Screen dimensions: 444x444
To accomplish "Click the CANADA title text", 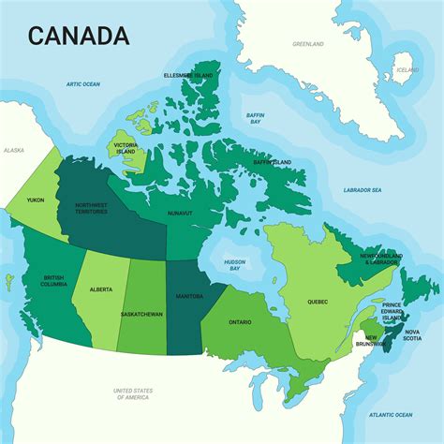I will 79,36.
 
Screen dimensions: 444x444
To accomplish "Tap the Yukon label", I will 36,200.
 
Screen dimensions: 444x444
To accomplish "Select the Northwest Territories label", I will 91,208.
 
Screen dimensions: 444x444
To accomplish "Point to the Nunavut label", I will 180,214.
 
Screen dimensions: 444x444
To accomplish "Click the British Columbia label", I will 53,280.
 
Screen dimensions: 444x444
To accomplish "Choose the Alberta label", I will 101,289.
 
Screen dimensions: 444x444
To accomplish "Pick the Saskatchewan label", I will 141,314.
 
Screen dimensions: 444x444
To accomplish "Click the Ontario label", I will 239,322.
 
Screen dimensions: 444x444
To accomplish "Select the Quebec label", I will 318,302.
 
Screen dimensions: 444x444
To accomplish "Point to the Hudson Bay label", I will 234,265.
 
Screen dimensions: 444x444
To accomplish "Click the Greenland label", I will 307,44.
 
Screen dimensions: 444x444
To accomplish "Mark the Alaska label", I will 14,150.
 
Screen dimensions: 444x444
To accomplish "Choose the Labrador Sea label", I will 363,190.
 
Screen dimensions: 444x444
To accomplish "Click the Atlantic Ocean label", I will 391,414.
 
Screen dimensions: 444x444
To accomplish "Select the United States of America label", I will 133,393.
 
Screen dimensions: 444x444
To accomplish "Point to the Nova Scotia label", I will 412,334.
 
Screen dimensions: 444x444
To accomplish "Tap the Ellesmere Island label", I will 187,76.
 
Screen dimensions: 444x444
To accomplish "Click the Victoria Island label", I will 126,148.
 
